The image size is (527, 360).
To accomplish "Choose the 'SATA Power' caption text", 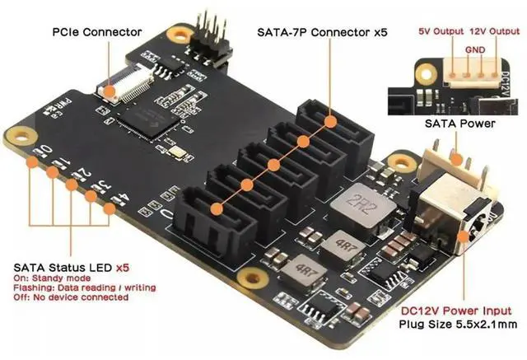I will (x=459, y=124).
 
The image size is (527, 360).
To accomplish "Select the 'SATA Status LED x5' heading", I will (x=73, y=269).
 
